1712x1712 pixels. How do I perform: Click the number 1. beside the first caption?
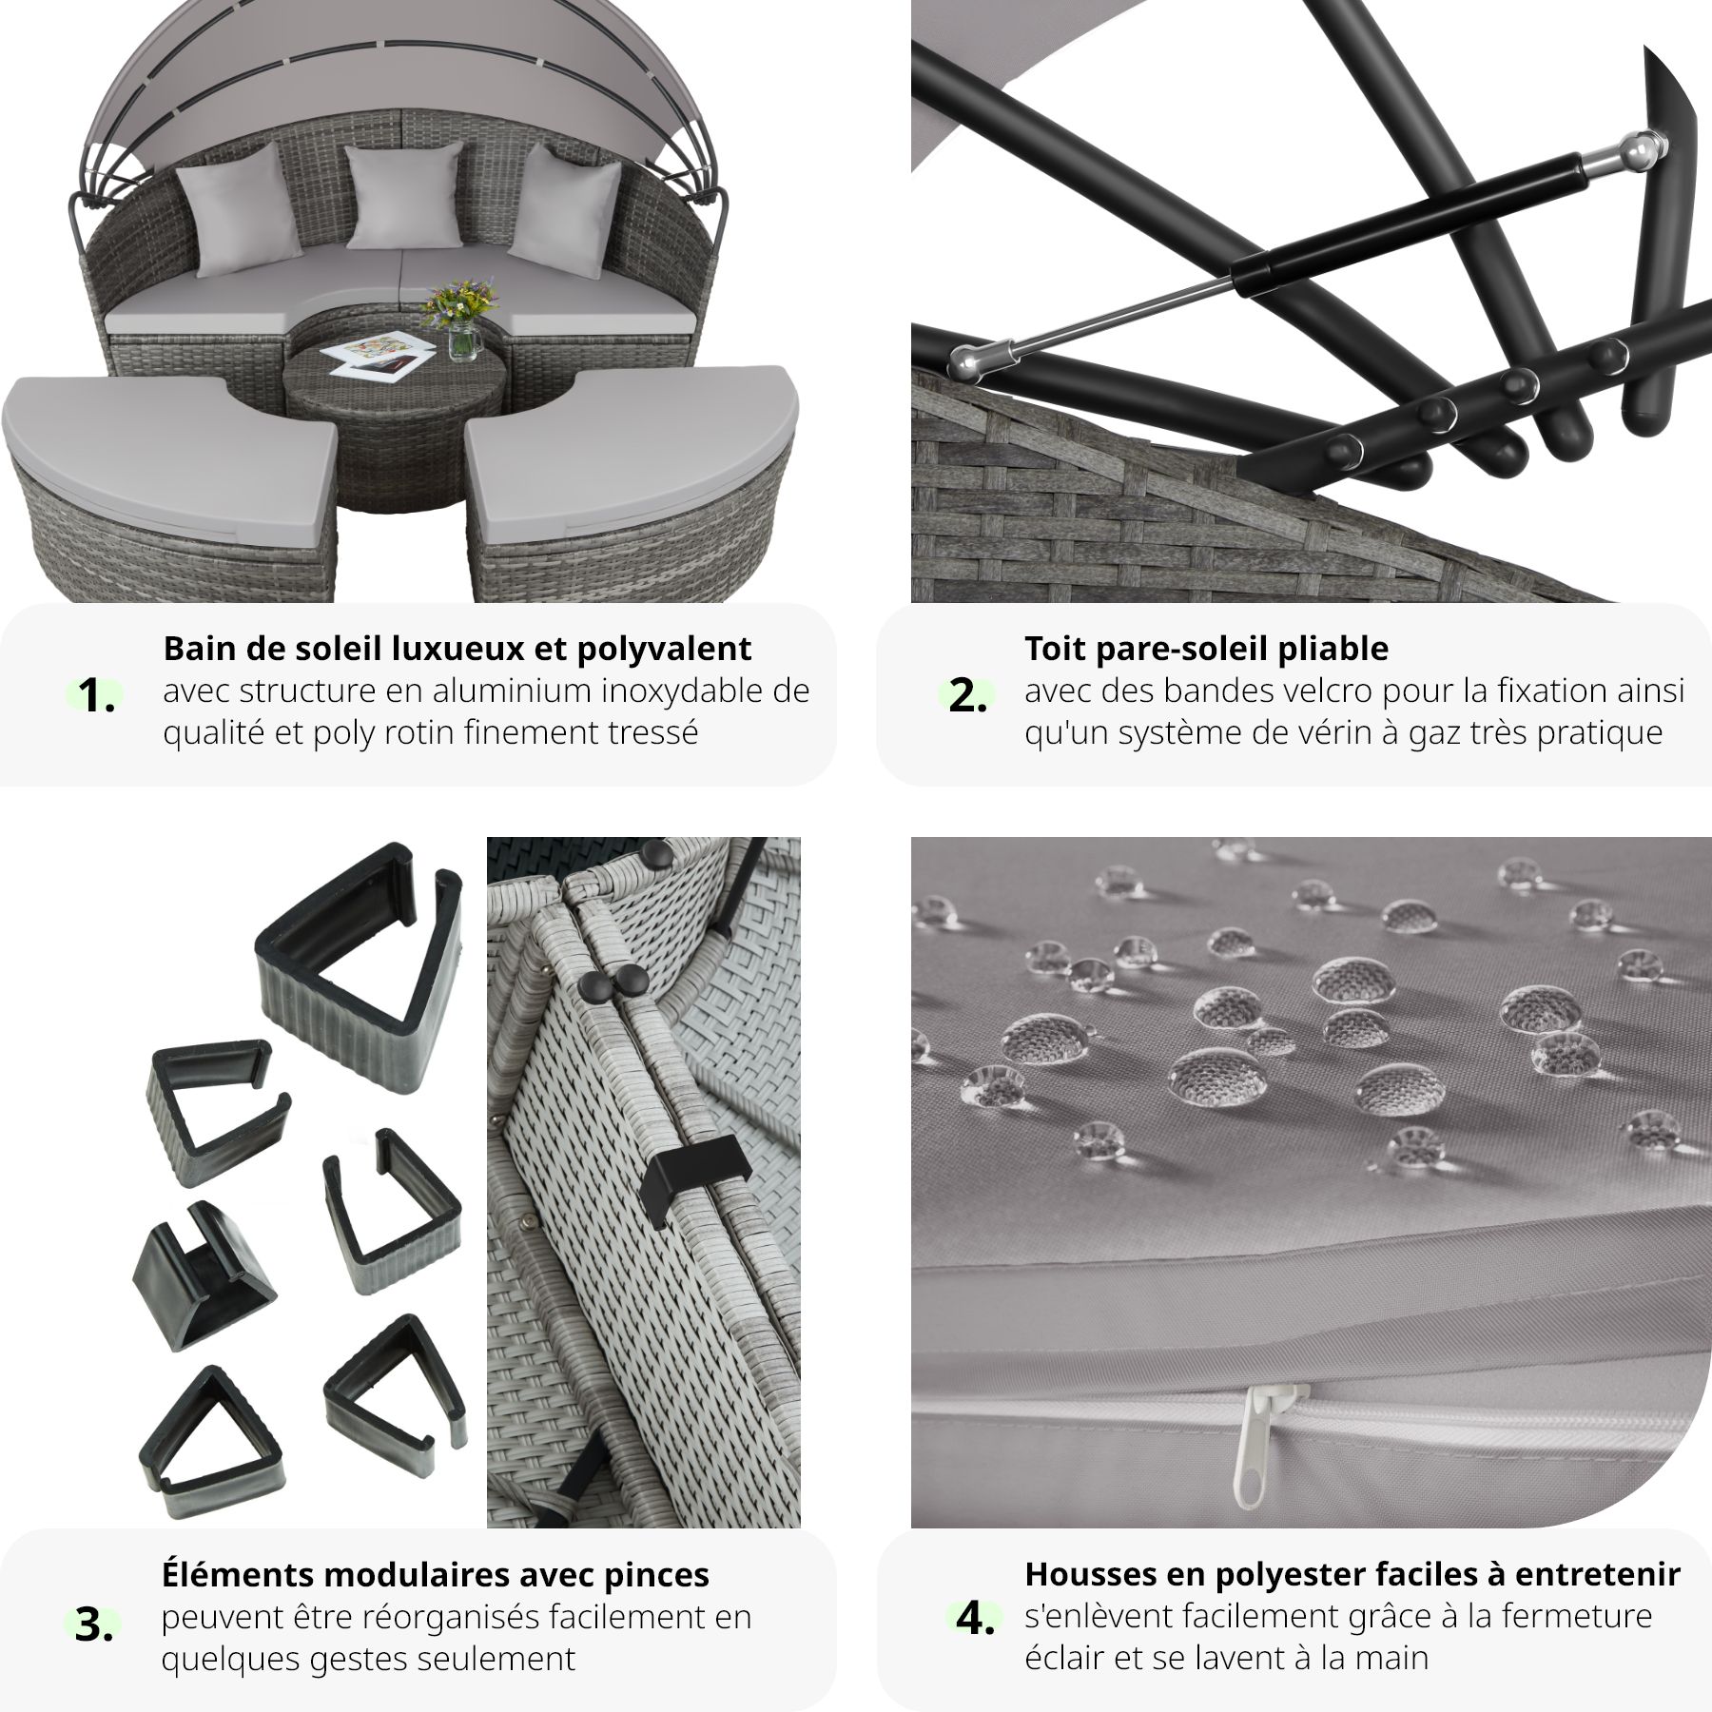pos(97,697)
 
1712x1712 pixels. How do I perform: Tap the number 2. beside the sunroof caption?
pos(967,697)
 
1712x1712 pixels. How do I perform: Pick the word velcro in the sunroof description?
pos(1235,691)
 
